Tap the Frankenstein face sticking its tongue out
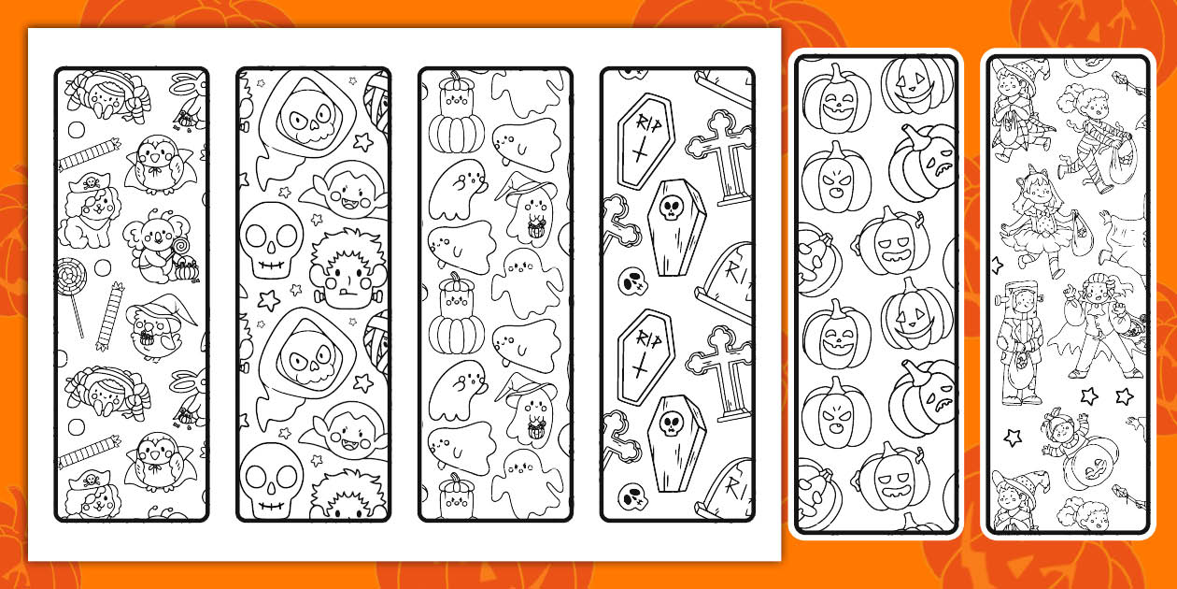tap(347, 276)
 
